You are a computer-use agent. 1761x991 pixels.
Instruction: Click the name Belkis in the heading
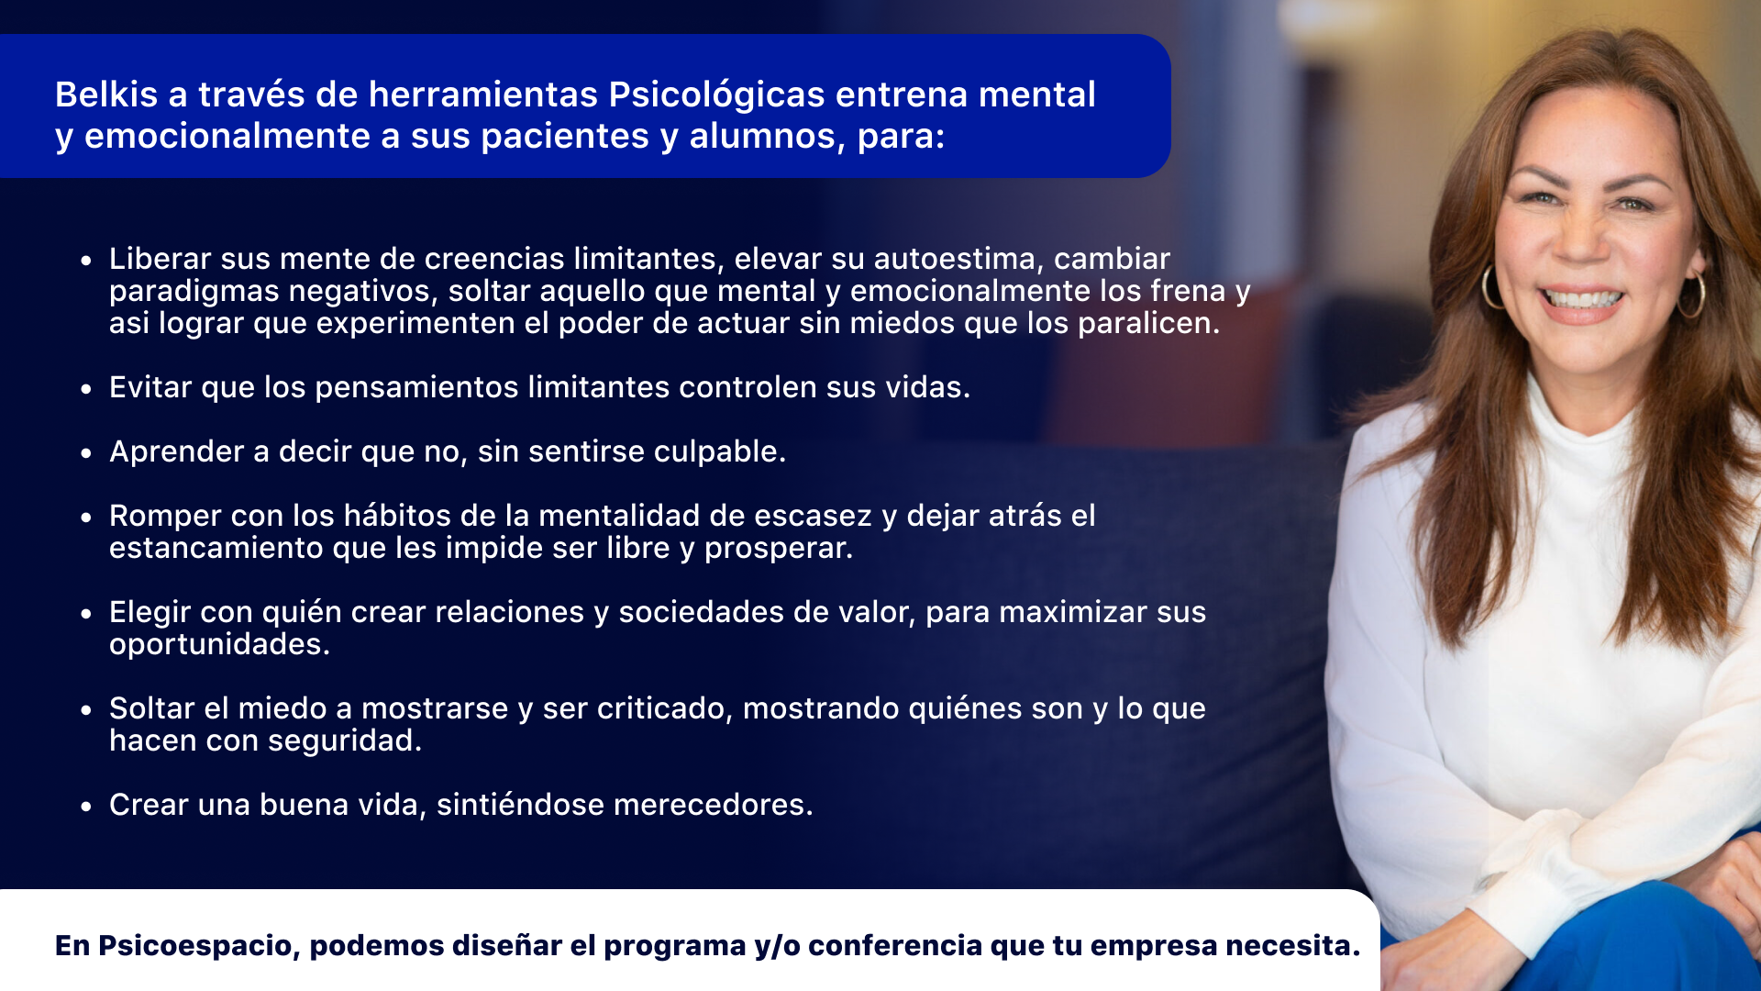click(x=106, y=95)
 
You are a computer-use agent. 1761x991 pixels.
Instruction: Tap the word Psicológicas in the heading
click(x=716, y=95)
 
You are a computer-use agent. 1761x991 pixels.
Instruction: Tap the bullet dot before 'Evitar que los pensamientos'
click(x=86, y=389)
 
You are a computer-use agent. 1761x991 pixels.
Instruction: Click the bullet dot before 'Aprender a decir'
click(x=86, y=453)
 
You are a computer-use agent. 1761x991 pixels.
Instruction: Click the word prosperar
click(x=779, y=549)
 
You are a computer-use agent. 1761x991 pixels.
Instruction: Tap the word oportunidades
click(x=219, y=644)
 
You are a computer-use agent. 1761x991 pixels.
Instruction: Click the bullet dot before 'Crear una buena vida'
click(x=86, y=807)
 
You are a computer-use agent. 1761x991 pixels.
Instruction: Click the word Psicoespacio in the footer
click(x=199, y=946)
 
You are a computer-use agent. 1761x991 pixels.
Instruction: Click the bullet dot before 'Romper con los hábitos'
click(x=86, y=518)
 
